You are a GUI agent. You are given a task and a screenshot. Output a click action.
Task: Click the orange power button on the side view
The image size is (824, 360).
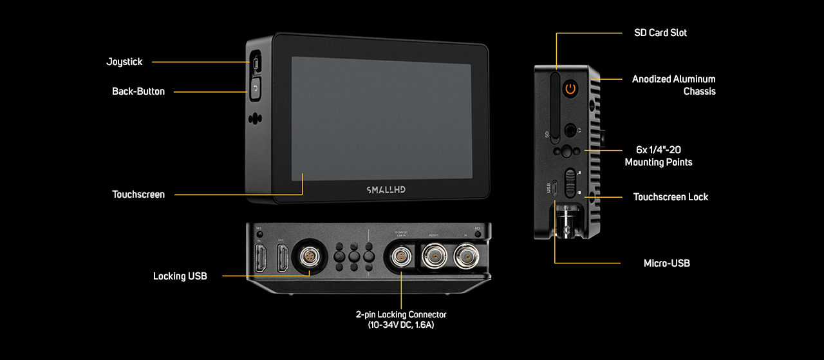pyautogui.click(x=570, y=89)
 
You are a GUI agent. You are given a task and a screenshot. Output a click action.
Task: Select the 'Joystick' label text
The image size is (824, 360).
pyautogui.click(x=124, y=62)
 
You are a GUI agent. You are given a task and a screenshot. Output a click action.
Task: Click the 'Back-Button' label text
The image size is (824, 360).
pyautogui.click(x=138, y=91)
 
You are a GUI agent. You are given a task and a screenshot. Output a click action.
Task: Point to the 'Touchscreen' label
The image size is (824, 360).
pyautogui.click(x=138, y=194)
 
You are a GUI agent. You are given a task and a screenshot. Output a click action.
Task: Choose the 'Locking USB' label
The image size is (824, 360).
pyautogui.click(x=180, y=276)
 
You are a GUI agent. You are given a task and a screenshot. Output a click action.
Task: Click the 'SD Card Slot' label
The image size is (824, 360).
pyautogui.click(x=660, y=33)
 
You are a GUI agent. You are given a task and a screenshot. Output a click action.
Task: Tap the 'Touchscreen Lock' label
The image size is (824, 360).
pyautogui.click(x=670, y=197)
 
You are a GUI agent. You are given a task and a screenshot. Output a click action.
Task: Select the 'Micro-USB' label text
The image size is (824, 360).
pyautogui.click(x=666, y=263)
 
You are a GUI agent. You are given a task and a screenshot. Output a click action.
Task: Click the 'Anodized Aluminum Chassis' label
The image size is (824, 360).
pyautogui.click(x=673, y=85)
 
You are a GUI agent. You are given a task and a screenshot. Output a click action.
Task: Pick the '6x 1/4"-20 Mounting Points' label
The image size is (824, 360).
pyautogui.click(x=659, y=156)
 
